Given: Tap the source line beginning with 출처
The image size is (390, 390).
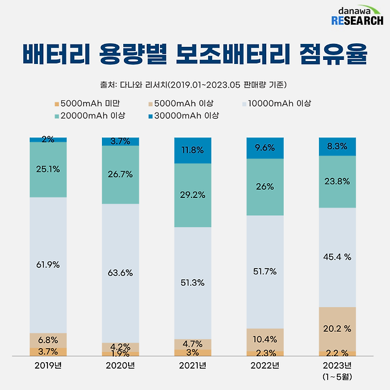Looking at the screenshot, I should point(195,84).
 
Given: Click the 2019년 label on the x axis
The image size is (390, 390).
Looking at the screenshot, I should point(48,365).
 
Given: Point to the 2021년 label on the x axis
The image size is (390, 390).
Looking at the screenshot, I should point(192,365).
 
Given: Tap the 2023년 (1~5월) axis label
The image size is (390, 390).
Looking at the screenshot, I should point(337,370).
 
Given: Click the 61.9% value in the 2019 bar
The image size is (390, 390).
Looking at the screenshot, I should point(48,265).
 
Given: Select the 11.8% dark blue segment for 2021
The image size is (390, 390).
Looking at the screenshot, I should point(192,151).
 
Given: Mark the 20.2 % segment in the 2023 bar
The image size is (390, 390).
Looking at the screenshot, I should point(337,328).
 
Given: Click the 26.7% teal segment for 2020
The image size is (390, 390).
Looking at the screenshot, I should point(120,175).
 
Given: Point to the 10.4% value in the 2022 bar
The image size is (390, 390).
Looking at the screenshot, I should point(264,340).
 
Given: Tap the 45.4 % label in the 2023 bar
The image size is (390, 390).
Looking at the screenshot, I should point(337,257).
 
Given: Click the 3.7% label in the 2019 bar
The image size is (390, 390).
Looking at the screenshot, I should point(48,352).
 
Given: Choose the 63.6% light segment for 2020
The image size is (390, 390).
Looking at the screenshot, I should point(120,273).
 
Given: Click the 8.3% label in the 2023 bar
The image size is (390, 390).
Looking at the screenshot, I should point(337,146).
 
